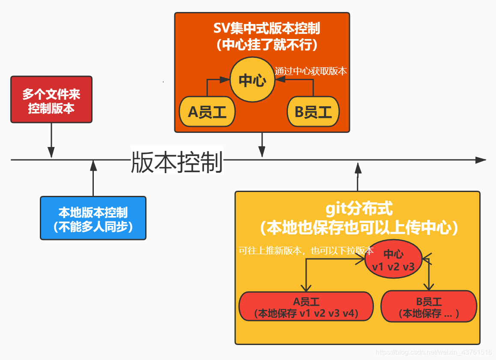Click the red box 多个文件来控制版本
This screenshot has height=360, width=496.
(51, 100)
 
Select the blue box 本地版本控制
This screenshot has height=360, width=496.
(93, 218)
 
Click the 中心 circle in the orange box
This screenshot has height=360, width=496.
(252, 80)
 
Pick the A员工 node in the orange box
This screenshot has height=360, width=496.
(207, 112)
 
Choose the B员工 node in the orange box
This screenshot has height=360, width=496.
(313, 112)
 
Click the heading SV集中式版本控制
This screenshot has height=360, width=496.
(266, 29)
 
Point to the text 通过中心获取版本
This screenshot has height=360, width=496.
(311, 71)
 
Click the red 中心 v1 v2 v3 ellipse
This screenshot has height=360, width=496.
(393, 260)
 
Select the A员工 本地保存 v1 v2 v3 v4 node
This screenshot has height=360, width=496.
(306, 307)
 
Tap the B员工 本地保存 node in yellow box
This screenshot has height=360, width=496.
(428, 307)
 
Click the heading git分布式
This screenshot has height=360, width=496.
(359, 210)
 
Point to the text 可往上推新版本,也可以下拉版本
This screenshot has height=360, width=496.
(306, 251)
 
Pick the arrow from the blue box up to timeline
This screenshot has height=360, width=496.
(93, 178)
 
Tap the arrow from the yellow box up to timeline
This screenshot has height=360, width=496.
(358, 176)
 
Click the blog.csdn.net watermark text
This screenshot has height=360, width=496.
(433, 352)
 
